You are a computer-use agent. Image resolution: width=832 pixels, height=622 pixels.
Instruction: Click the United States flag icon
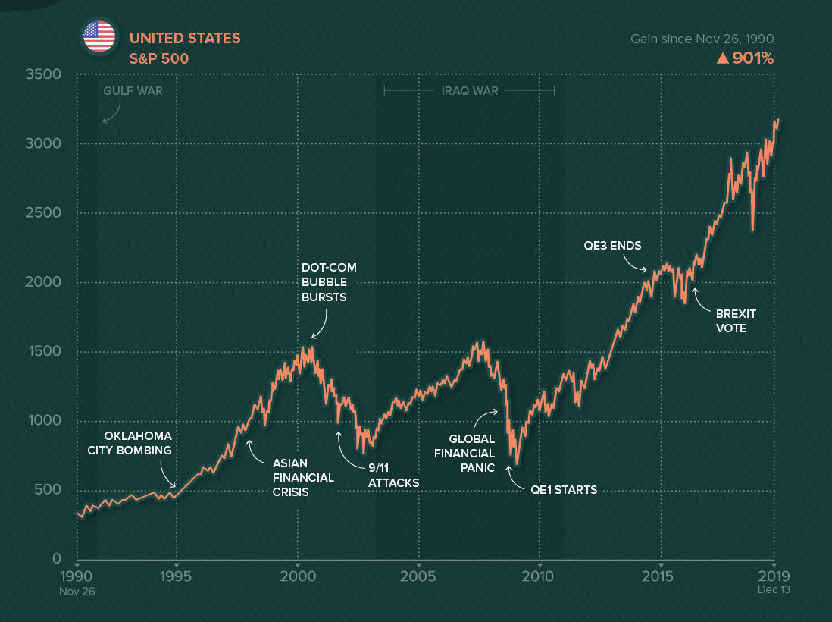(x=99, y=36)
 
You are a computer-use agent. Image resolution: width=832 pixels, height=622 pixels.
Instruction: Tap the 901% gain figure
(x=745, y=58)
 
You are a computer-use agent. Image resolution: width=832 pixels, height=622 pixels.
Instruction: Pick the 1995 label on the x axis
(x=176, y=575)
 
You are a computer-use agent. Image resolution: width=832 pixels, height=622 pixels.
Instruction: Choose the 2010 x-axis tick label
(x=539, y=575)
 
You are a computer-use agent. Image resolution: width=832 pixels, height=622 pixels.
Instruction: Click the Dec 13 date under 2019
(x=774, y=589)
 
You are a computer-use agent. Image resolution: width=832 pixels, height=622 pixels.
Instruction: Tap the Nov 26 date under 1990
(x=77, y=589)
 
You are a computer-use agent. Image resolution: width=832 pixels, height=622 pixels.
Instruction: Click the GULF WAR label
(x=133, y=91)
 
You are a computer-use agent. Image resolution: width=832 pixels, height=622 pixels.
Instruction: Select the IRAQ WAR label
(x=470, y=91)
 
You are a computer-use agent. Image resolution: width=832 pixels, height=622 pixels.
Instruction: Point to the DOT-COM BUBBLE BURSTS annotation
(x=329, y=282)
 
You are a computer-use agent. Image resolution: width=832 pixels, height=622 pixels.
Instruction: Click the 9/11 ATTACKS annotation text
(x=393, y=476)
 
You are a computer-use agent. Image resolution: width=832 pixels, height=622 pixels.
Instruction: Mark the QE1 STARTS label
(x=564, y=490)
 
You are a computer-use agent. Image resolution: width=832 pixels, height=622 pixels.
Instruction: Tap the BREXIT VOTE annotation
(x=736, y=321)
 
